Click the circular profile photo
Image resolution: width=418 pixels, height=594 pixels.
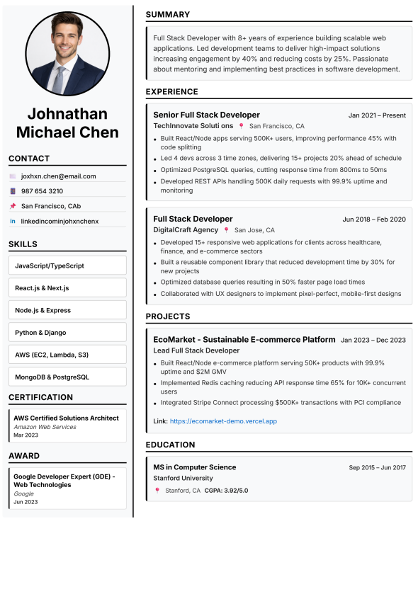point(67,54)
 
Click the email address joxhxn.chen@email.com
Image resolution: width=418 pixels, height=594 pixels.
point(58,176)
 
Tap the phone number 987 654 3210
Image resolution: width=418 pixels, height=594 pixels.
point(42,191)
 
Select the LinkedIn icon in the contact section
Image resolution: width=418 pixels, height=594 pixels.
point(13,221)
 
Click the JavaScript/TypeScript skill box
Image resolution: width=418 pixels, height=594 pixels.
point(67,265)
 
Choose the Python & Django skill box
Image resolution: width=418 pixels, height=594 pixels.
point(67,332)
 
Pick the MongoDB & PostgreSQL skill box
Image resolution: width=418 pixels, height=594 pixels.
point(67,377)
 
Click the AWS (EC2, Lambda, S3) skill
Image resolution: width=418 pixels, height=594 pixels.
point(67,354)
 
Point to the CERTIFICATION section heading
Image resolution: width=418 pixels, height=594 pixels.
point(40,397)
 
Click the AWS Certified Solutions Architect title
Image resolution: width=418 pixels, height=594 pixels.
point(66,418)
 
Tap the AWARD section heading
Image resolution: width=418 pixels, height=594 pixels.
point(24,455)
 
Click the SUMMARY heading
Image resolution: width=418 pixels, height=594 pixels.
point(168,14)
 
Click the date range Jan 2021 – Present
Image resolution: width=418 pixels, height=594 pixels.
point(377,115)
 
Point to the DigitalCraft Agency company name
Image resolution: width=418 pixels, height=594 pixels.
point(186,230)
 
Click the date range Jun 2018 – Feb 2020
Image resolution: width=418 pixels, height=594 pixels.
point(374,219)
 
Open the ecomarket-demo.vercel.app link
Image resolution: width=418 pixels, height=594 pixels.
point(223,421)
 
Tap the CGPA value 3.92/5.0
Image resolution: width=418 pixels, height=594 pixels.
point(237,490)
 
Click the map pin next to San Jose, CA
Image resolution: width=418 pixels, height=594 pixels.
point(227,230)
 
